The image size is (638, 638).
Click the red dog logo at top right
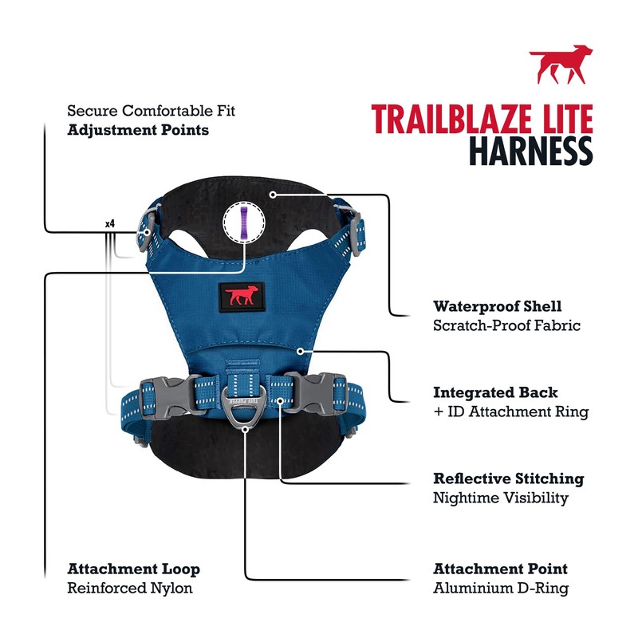point(561,65)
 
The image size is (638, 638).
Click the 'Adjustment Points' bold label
point(138,129)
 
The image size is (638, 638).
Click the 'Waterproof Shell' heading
point(498,306)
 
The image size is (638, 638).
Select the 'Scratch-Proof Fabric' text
point(506,325)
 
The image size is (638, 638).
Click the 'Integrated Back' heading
point(495,392)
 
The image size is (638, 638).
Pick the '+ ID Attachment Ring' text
point(510,412)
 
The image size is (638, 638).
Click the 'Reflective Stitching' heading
point(508,478)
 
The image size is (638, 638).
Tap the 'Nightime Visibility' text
point(501,498)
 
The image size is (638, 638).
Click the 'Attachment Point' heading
point(500,569)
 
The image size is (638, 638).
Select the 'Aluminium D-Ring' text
point(501,589)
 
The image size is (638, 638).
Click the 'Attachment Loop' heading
point(133,569)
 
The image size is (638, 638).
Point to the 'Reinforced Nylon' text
point(130,589)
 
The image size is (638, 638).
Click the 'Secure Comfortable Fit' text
point(151,110)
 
